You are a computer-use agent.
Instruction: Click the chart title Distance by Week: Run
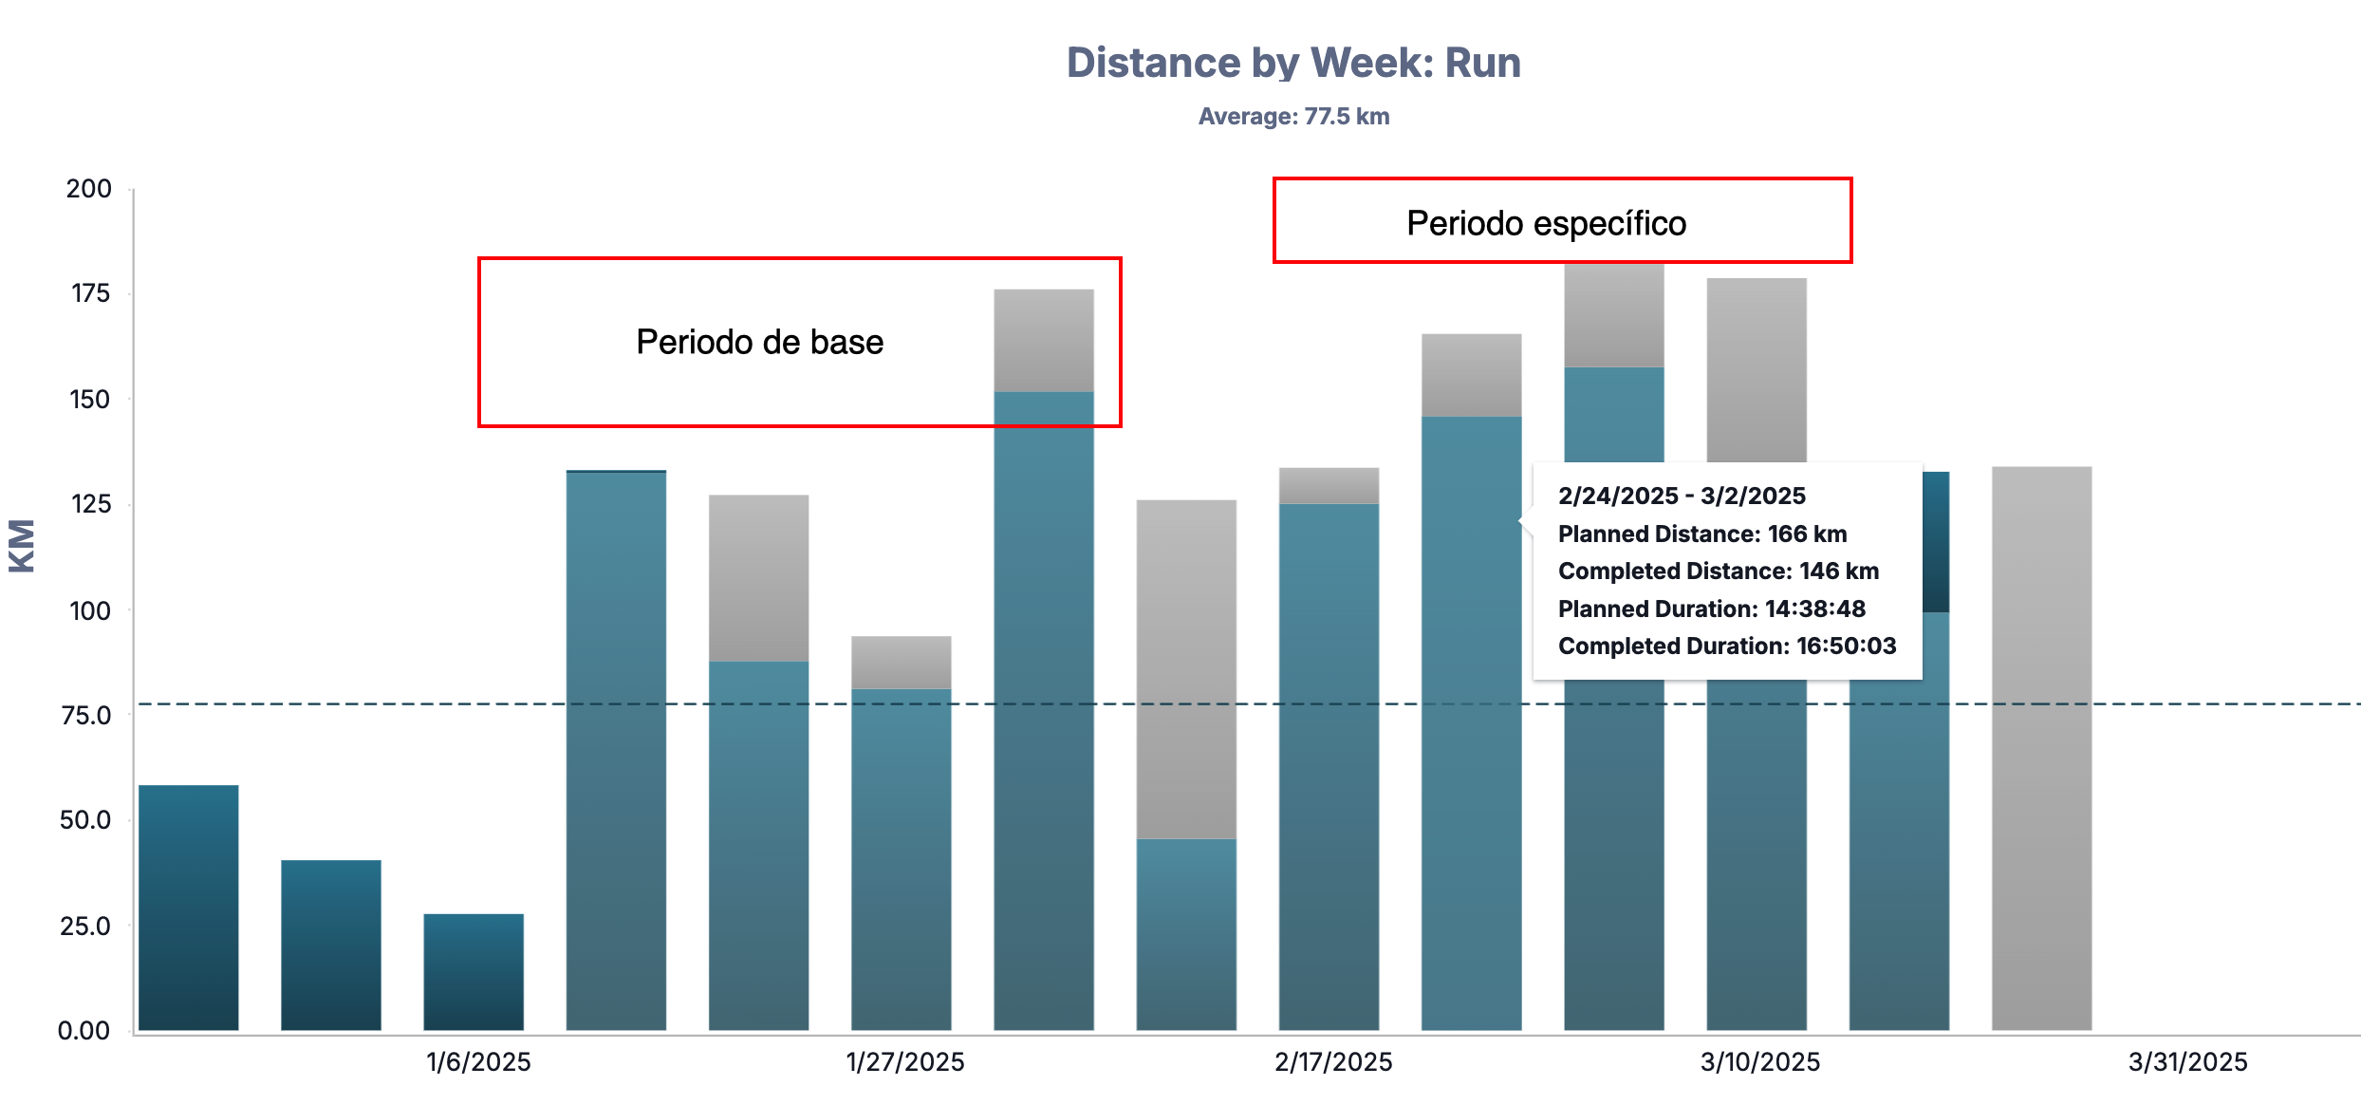coord(1293,63)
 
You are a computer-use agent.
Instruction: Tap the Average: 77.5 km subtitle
coord(1293,117)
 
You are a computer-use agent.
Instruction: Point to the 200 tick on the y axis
coord(89,189)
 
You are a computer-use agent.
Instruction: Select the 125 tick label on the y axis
coord(90,504)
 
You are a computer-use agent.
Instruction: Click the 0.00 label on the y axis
coord(84,1031)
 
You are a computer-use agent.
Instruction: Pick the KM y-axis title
coord(22,546)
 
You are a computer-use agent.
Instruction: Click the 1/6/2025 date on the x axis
coord(478,1062)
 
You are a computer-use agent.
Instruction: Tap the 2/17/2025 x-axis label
coord(1333,1062)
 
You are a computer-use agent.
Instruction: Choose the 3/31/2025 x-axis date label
coord(2187,1062)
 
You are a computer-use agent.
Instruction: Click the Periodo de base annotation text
coord(759,342)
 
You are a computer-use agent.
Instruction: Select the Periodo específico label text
coord(1546,224)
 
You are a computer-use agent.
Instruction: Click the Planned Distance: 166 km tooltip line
coord(1701,534)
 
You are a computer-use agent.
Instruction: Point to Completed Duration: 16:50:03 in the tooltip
coord(1726,646)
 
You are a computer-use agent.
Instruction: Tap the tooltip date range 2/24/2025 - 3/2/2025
coord(1682,496)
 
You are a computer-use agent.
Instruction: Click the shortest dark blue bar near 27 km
coord(474,972)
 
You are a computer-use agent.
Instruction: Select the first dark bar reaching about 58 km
coord(189,908)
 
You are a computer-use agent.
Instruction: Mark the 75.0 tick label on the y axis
coord(85,716)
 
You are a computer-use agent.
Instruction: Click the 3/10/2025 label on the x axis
coord(1760,1062)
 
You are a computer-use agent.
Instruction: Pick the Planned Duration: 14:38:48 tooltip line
coord(1711,609)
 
